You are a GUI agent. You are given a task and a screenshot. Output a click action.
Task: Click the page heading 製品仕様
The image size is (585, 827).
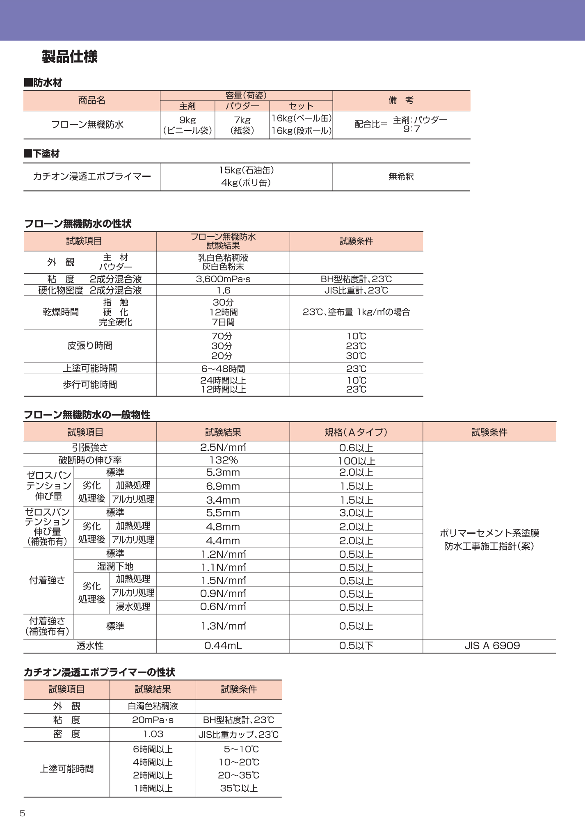tap(70, 57)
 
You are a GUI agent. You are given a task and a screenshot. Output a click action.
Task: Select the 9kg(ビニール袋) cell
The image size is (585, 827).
tap(187, 125)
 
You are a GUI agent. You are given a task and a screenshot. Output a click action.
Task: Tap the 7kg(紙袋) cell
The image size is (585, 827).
tap(242, 125)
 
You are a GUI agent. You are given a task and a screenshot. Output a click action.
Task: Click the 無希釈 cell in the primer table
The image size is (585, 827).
tap(401, 177)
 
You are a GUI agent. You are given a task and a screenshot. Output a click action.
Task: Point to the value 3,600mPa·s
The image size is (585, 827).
tap(223, 279)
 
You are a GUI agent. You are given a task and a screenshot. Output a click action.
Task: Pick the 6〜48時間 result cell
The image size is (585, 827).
tap(223, 369)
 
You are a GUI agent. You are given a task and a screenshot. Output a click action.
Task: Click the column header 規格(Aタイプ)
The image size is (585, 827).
tap(356, 432)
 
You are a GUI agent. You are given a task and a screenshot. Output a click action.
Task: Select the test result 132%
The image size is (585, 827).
tap(223, 460)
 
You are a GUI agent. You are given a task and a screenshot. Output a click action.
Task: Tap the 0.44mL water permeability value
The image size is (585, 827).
tap(223, 646)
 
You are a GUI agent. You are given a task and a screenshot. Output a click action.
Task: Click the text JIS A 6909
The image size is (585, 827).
tap(492, 646)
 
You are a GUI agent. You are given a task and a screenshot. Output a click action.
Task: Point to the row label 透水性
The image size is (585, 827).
tap(90, 646)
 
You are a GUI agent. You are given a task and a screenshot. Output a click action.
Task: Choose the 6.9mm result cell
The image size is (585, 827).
tap(223, 487)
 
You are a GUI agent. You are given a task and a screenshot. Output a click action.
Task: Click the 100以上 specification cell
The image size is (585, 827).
tap(356, 461)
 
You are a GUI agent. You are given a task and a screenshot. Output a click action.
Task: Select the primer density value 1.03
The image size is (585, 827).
tap(153, 734)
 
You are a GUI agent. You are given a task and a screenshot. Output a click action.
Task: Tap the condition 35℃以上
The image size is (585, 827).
tap(239, 788)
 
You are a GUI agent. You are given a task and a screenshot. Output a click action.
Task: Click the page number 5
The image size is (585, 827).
tap(23, 813)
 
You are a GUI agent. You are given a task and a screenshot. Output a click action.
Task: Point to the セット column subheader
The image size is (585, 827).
tap(301, 106)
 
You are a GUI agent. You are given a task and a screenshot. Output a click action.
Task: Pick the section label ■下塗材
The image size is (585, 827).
tap(42, 154)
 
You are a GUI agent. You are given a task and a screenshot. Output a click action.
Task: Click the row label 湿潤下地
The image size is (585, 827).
tap(115, 567)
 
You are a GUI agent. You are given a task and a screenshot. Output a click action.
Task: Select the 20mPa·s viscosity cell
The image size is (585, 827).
tap(153, 720)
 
